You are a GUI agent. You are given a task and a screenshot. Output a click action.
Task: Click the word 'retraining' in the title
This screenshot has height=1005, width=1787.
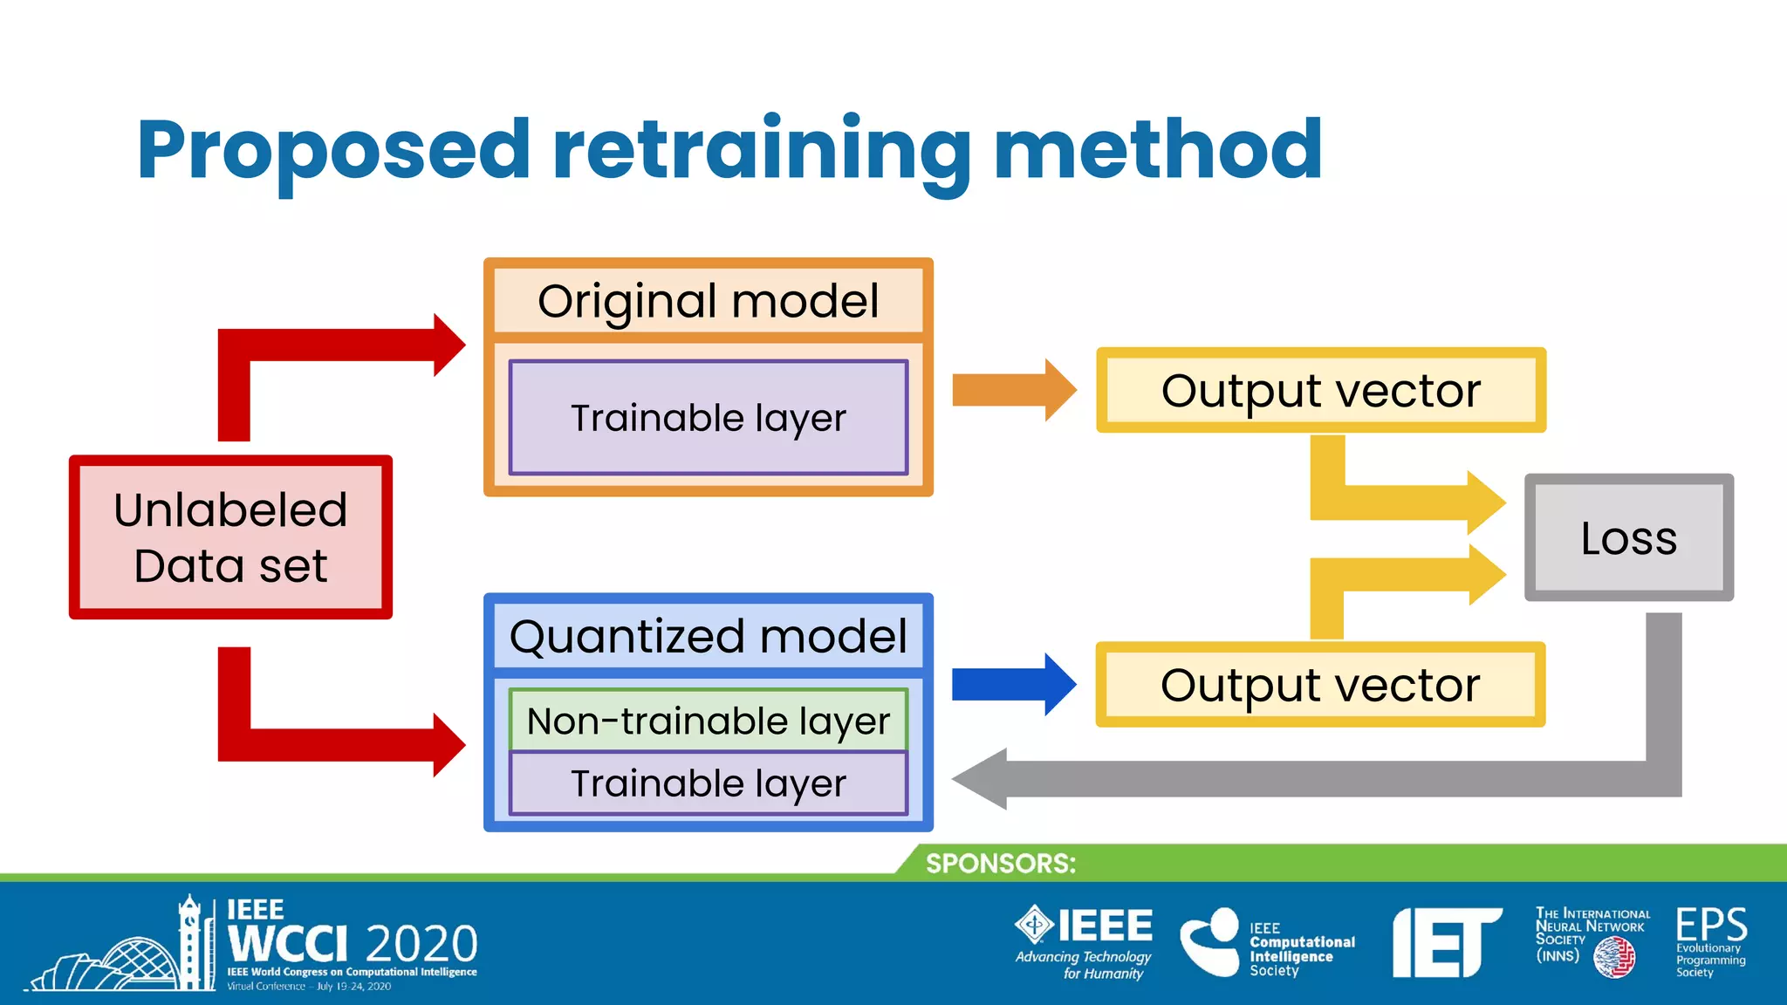point(761,150)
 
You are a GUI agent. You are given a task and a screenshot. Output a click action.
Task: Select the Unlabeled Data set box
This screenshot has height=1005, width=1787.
point(230,537)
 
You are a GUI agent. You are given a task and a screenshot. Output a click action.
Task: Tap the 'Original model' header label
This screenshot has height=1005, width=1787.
point(708,301)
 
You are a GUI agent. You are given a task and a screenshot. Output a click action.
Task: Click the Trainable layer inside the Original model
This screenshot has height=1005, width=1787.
point(708,418)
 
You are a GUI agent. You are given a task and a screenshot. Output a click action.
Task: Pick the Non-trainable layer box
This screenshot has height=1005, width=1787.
point(708,721)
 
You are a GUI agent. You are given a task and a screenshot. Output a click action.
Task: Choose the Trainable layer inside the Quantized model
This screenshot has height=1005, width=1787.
point(708,783)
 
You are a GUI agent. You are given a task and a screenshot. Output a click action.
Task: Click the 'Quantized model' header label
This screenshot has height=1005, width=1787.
point(708,636)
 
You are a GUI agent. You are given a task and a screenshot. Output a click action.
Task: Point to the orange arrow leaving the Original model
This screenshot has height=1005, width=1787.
point(1012,390)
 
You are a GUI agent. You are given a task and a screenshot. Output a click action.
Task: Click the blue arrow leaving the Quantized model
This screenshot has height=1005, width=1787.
point(1012,685)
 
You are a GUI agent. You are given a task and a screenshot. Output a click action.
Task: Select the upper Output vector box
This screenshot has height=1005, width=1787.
point(1320,390)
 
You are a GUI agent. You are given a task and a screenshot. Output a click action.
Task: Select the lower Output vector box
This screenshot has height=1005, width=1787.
point(1320,685)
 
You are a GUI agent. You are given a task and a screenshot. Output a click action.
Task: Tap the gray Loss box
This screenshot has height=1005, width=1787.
point(1628,537)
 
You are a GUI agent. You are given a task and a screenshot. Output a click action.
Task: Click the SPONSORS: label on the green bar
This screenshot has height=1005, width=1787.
point(1000,863)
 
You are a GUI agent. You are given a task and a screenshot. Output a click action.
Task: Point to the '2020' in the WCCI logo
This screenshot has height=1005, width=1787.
point(421,944)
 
